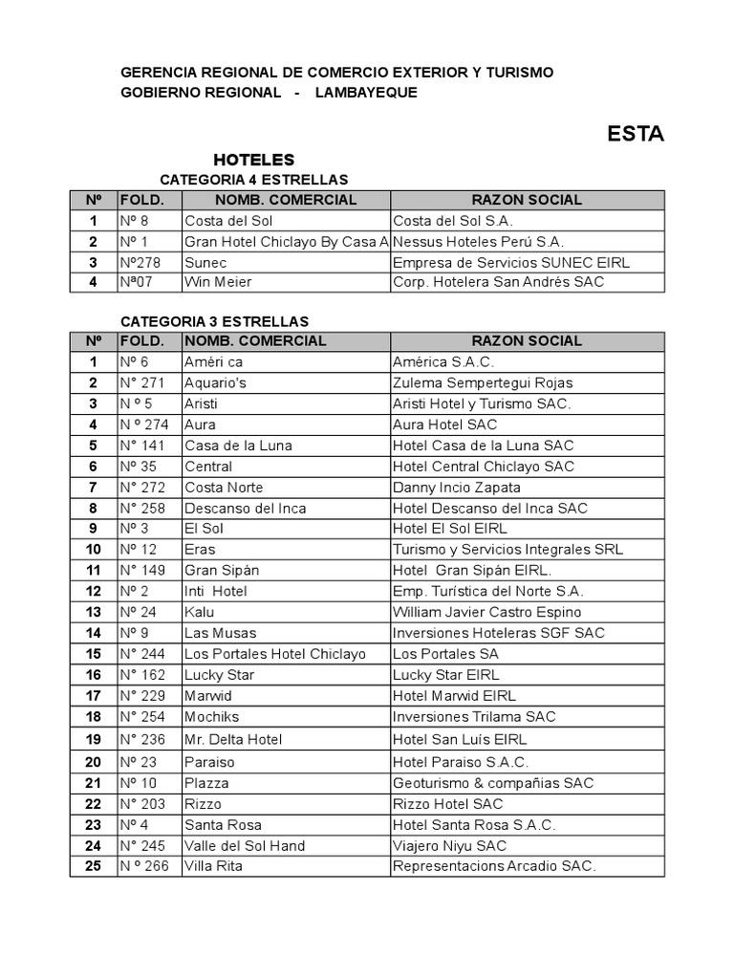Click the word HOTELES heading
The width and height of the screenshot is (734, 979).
(x=254, y=160)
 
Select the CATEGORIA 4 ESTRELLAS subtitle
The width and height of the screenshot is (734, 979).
(x=253, y=180)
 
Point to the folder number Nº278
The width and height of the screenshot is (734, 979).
(x=140, y=263)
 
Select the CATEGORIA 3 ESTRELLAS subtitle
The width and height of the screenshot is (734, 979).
(x=214, y=321)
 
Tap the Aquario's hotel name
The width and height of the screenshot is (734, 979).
(x=215, y=382)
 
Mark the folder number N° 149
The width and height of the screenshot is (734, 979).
(x=142, y=571)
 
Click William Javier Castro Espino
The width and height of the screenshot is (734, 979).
(x=486, y=612)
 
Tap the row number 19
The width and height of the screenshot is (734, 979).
(x=94, y=739)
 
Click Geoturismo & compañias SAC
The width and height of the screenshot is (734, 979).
(x=493, y=783)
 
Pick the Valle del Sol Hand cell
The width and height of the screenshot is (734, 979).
(x=245, y=845)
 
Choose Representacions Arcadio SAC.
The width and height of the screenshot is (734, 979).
(x=494, y=866)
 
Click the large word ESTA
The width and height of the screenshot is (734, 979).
(x=636, y=134)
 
